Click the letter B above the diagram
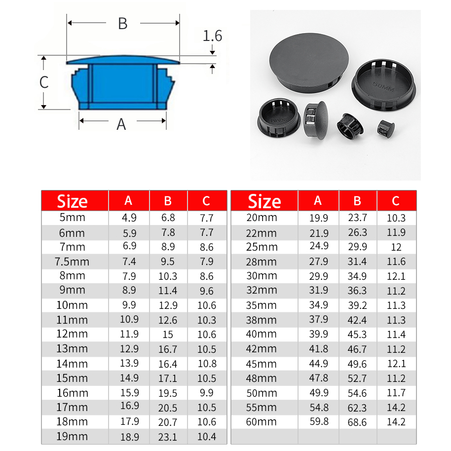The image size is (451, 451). click(123, 24)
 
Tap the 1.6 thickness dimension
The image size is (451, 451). click(212, 36)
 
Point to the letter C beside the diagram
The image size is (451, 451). click(44, 82)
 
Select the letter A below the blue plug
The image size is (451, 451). click(121, 124)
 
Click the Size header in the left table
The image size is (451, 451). click(72, 201)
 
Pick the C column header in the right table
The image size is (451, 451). click(395, 201)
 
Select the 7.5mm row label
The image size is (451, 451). click(72, 262)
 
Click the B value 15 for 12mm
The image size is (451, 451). click(168, 335)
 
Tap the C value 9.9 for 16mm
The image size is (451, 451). click(207, 393)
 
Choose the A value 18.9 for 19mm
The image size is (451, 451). click(130, 437)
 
